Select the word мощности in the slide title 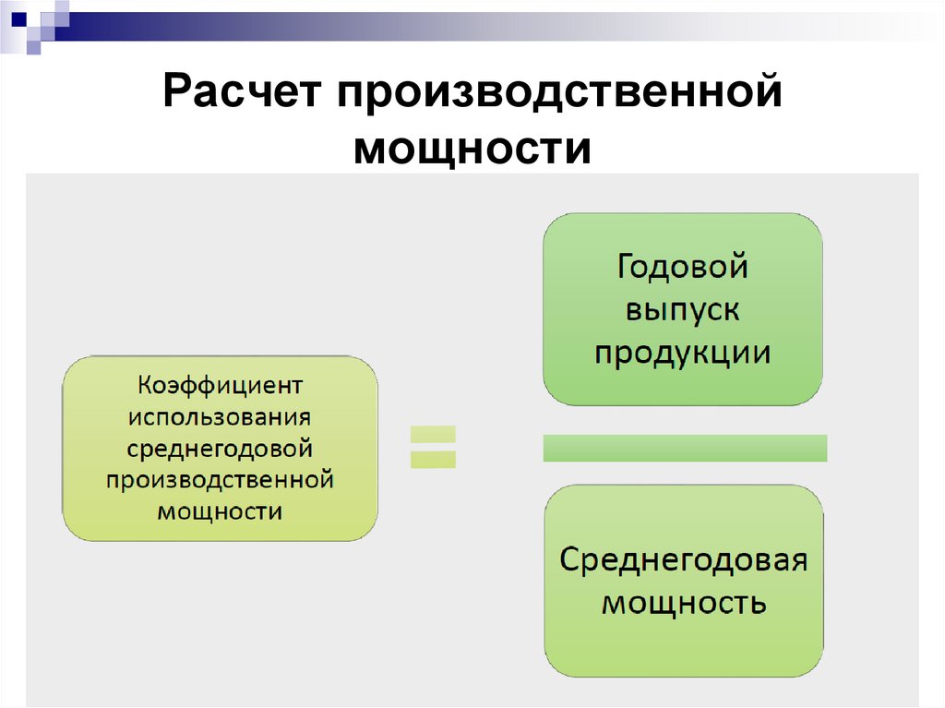pyautogui.click(x=472, y=149)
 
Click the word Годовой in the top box pyautogui.click(x=682, y=268)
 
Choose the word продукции pyautogui.click(x=682, y=353)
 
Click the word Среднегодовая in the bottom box pyautogui.click(x=684, y=560)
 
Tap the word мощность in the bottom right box pyautogui.click(x=684, y=603)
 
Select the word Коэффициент pyautogui.click(x=220, y=382)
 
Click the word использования pyautogui.click(x=220, y=414)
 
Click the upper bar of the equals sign pyautogui.click(x=433, y=434)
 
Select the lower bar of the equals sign pyautogui.click(x=433, y=459)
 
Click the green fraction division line pyautogui.click(x=685, y=448)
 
